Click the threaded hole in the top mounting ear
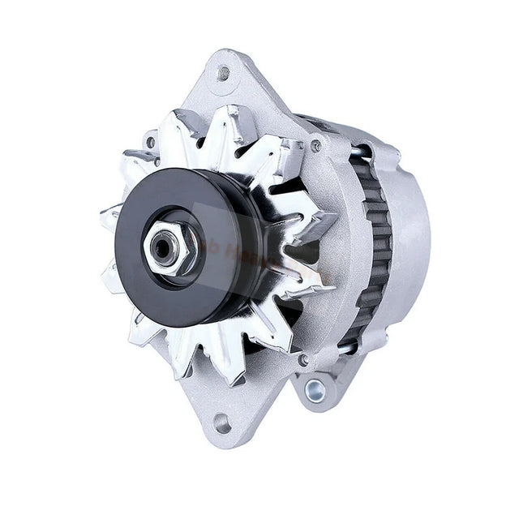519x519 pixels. [x=225, y=72]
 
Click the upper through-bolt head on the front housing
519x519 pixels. [x=315, y=146]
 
